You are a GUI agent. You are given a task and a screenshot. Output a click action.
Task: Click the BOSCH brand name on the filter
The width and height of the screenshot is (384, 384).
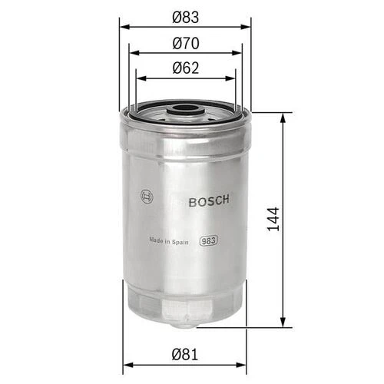point(208,201)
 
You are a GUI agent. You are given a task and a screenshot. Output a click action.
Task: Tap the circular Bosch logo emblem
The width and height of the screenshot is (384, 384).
point(147,197)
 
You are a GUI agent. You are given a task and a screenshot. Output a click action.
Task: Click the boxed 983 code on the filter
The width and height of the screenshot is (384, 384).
point(208,240)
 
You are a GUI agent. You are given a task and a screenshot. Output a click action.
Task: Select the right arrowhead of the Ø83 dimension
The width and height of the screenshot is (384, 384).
point(247,26)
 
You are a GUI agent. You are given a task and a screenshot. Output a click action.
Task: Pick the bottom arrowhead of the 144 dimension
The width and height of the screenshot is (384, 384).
point(286,323)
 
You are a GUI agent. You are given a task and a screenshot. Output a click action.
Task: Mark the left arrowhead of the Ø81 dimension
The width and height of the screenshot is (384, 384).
point(127,365)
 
